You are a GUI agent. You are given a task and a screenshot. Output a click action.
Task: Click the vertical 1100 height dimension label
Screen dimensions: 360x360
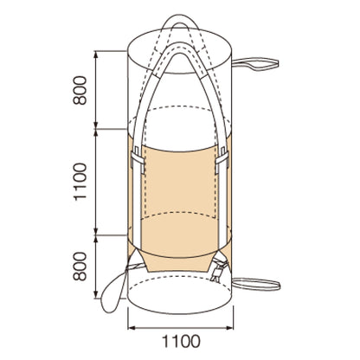(x=80, y=182)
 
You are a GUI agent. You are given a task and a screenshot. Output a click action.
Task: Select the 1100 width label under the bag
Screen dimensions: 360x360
(x=181, y=341)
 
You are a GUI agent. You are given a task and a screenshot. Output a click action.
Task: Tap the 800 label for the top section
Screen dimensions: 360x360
(x=80, y=90)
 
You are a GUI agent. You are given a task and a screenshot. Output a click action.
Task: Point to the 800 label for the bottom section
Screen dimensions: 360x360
(x=80, y=267)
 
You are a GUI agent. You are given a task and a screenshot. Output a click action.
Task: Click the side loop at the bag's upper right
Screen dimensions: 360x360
(x=255, y=64)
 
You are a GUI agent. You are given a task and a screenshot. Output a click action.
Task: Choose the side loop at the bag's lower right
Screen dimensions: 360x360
(x=256, y=284)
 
